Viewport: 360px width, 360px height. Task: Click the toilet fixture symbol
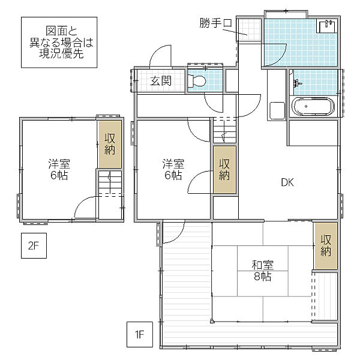pos(197,81)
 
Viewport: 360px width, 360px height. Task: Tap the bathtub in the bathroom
pos(313,107)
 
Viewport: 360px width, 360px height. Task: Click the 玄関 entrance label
pos(161,81)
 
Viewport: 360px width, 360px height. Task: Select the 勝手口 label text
pos(215,23)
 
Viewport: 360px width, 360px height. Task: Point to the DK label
pos(287,182)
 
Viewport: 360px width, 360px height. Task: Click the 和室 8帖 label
pos(262,271)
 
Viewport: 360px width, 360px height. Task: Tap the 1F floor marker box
pos(140,334)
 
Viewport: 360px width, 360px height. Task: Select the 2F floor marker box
pos(34,245)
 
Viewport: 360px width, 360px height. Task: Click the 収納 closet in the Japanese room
pos(326,245)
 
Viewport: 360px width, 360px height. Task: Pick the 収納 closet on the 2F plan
pos(110,144)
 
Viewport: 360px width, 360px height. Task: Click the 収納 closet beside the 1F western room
pos(224,169)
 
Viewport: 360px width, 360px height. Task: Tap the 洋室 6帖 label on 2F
pos(59,169)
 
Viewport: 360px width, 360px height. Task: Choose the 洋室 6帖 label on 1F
pos(173,169)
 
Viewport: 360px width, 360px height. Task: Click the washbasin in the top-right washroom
pos(327,26)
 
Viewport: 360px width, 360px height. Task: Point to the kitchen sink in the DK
pos(277,110)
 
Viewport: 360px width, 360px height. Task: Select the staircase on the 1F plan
pos(224,130)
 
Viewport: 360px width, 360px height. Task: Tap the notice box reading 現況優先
pos(59,42)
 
